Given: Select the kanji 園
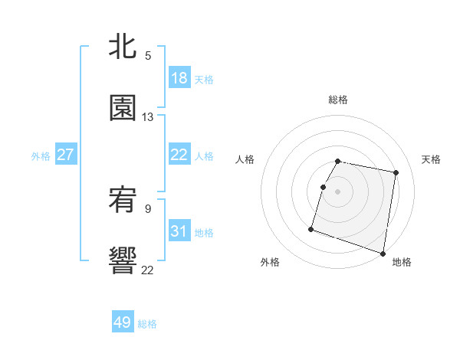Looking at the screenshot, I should pyautogui.click(x=123, y=108).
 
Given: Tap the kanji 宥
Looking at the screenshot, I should pyautogui.click(x=123, y=201).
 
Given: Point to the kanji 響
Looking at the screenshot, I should pyautogui.click(x=123, y=260).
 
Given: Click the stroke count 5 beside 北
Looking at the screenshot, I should pyautogui.click(x=148, y=55).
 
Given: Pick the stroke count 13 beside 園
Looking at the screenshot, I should pyautogui.click(x=148, y=116).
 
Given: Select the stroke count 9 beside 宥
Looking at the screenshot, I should pyautogui.click(x=148, y=208).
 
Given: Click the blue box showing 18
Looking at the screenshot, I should pyautogui.click(x=179, y=77).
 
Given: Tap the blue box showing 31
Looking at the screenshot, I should pyautogui.click(x=179, y=231).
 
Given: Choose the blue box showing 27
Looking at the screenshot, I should pyautogui.click(x=65, y=155).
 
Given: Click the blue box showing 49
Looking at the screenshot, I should pyautogui.click(x=123, y=322).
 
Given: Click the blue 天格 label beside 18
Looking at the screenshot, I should pyautogui.click(x=203, y=79).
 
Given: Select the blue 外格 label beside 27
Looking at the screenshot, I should pyautogui.click(x=41, y=155).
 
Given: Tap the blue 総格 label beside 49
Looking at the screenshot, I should pyautogui.click(x=147, y=324).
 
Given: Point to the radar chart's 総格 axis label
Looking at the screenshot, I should pyautogui.click(x=337, y=100).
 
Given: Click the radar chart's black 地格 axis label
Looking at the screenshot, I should pyautogui.click(x=402, y=262).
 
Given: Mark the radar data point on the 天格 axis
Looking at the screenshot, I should pyautogui.click(x=396, y=173).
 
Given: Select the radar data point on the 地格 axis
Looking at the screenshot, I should pyautogui.click(x=383, y=253).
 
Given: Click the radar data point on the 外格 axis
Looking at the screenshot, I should pyautogui.click(x=311, y=228).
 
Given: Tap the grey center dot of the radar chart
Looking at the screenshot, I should pyautogui.click(x=337, y=191).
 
